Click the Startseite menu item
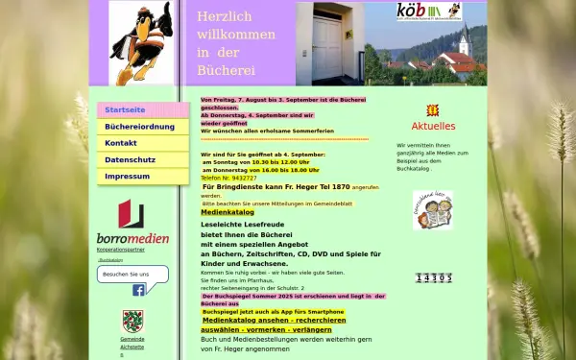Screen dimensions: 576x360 [125, 110]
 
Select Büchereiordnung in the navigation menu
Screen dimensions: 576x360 [139, 127]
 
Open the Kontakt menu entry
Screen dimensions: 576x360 [121, 143]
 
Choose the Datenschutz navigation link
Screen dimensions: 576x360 [130, 159]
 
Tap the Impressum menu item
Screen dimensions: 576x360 [127, 177]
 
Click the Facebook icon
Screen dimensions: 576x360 [138, 290]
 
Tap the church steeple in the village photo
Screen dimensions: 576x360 [465, 39]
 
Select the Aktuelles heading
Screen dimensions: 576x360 [433, 126]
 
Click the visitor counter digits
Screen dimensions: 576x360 [433, 277]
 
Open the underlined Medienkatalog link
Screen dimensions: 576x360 [228, 212]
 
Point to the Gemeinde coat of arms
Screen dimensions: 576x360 [132, 322]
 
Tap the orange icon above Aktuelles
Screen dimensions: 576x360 [433, 110]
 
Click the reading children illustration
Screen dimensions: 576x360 [433, 210]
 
